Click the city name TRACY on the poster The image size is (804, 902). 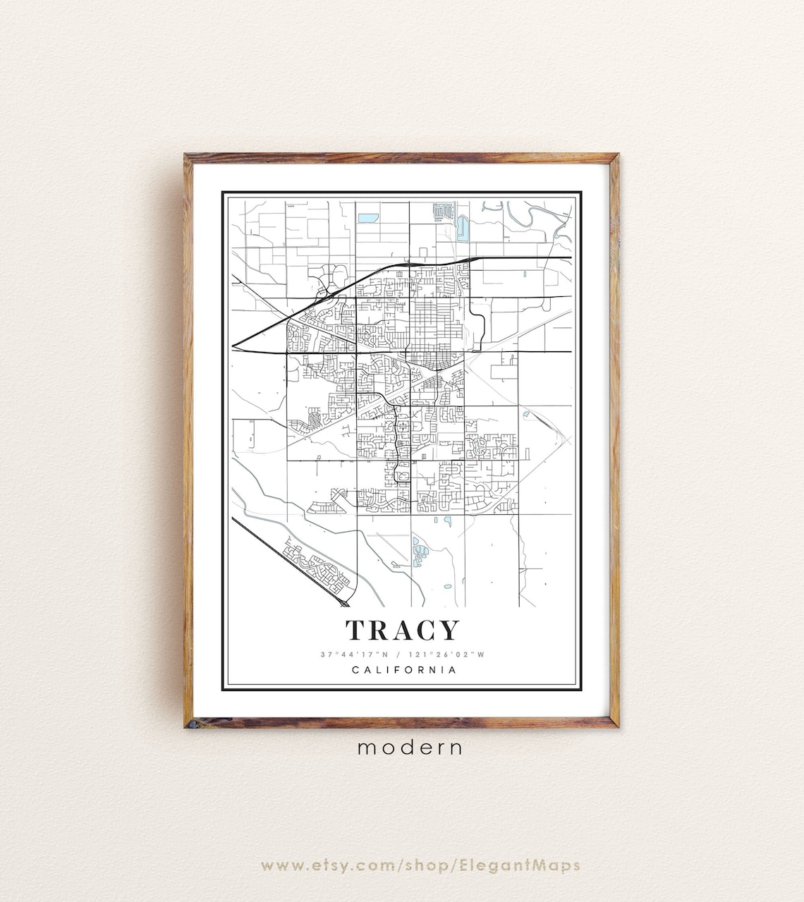402,630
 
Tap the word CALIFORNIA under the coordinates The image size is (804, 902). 404,670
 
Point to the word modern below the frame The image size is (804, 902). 410,748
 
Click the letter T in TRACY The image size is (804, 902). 356,630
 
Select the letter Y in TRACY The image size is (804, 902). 449,630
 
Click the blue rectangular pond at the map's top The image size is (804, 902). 367,218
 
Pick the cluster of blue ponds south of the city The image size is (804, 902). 419,554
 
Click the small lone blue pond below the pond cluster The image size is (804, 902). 446,586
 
